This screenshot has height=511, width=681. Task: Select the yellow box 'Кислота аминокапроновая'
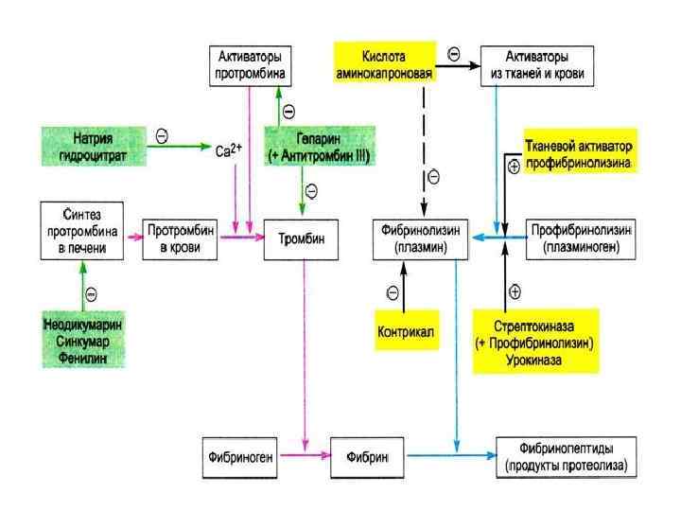coord(384,63)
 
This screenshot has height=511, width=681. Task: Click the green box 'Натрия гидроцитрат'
coord(94,143)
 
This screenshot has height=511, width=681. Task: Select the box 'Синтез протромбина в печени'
coord(83,232)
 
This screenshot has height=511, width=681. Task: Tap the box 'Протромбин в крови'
coord(181,239)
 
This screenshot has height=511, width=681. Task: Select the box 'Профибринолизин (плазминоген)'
coord(583,239)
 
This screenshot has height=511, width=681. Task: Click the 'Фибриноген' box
coord(242,456)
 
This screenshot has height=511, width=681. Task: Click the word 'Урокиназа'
coord(535,359)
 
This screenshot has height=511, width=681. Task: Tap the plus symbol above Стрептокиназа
coord(515,290)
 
